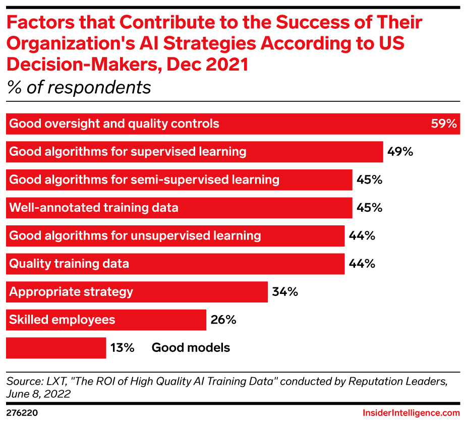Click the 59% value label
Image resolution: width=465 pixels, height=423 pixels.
point(443,124)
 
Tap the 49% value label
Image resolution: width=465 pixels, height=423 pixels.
point(400,152)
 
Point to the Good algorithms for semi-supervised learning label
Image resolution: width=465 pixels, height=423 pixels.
point(144,179)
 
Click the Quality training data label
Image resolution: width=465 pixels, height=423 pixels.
point(69,264)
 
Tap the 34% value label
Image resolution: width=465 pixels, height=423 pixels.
point(285,291)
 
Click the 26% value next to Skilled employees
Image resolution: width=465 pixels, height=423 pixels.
point(223,320)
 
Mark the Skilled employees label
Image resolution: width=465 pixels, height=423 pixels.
point(62,320)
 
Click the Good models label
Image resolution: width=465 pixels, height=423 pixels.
point(191,347)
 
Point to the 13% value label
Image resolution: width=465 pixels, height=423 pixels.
point(122,347)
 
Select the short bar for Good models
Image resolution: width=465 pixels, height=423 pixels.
point(55,347)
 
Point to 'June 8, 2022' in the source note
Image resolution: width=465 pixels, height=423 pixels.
point(38,393)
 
